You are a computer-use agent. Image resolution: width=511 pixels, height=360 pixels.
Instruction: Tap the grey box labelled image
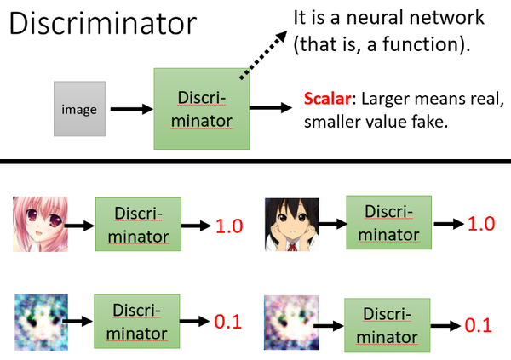pyautogui.click(x=78, y=110)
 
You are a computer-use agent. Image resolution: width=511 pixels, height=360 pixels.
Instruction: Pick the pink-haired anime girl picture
pyautogui.click(x=40, y=224)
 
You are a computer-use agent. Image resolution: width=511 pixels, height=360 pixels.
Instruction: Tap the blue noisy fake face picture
pyautogui.click(x=40, y=318)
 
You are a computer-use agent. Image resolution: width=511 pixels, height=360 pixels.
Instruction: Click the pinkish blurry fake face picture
pyautogui.click(x=290, y=321)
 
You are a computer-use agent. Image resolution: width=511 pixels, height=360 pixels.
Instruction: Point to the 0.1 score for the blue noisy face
pyautogui.click(x=227, y=320)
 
